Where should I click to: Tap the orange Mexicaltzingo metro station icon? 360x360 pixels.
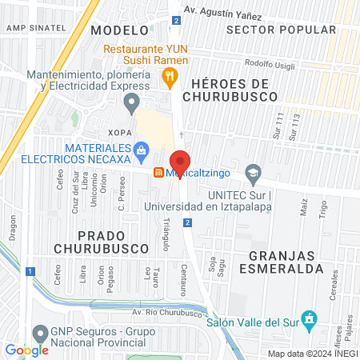[159, 172]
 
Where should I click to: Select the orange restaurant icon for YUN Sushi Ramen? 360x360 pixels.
[169, 78]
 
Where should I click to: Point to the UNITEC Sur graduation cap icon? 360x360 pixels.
[254, 172]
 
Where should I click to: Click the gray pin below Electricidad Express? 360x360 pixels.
[130, 102]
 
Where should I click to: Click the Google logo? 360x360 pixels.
[26, 350]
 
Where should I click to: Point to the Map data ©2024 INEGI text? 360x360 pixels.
[311, 354]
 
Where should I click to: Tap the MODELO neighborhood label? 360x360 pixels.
[120, 30]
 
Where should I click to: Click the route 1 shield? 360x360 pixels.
[30, 271]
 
